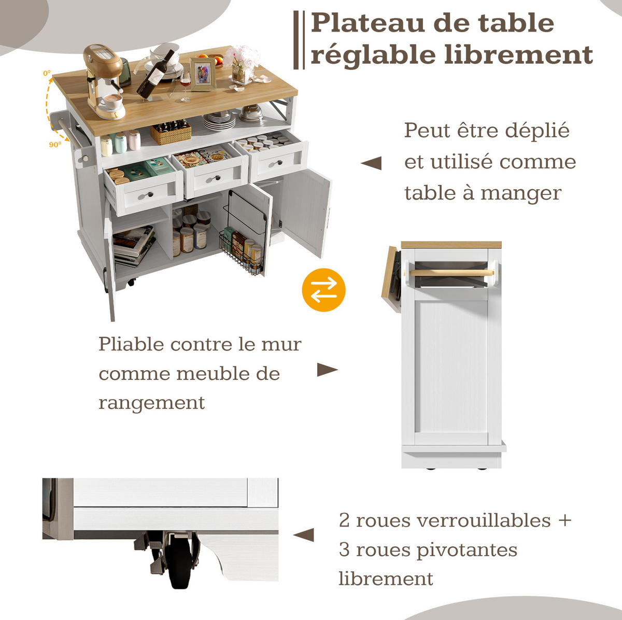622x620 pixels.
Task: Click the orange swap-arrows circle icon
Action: click(x=323, y=290)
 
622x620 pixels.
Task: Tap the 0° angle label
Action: click(x=47, y=73)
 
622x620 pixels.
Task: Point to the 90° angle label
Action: click(x=55, y=145)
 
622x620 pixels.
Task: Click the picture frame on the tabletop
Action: click(x=203, y=74)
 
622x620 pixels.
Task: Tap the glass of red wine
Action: click(x=185, y=85)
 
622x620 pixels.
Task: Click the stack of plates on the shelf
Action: click(x=219, y=121)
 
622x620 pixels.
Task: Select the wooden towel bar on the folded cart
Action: click(x=451, y=273)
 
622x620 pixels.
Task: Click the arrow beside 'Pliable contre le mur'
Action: click(x=327, y=370)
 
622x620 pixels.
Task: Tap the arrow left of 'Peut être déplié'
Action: click(x=371, y=163)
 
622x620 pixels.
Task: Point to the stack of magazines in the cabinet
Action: click(x=134, y=246)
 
